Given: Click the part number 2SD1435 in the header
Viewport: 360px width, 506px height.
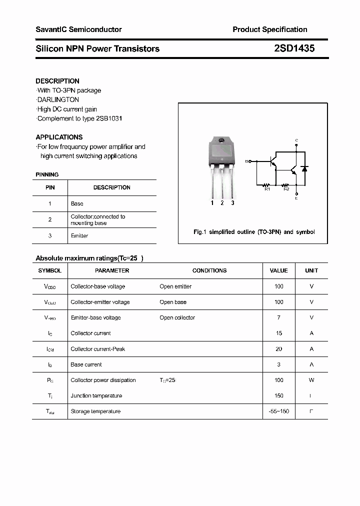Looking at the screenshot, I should coord(294,48).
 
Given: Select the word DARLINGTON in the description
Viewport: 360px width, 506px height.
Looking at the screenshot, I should coord(58,100).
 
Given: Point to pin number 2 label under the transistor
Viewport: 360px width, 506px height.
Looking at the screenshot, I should coord(222,203).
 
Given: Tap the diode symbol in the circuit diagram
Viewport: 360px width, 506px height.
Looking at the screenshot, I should coord(304,167).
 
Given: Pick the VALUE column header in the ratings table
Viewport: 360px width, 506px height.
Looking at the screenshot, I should coord(278,270).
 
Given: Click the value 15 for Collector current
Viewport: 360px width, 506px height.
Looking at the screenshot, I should coord(279,333).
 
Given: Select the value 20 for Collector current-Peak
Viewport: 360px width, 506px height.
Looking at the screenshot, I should coord(279,349).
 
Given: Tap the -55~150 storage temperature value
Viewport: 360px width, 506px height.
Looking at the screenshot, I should coord(279,411).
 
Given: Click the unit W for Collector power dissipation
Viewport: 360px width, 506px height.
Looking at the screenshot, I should coord(311,380).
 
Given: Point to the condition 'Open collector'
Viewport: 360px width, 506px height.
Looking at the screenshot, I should coord(177,317).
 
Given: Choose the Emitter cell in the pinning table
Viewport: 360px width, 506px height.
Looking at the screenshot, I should coord(79,235).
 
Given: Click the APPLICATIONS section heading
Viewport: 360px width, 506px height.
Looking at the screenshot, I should coord(59,137).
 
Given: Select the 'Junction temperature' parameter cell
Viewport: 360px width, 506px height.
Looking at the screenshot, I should coord(96,395).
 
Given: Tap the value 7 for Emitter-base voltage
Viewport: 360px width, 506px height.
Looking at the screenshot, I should coord(279,317).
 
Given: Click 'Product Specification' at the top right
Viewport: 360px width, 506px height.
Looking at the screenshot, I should coord(270,29).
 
